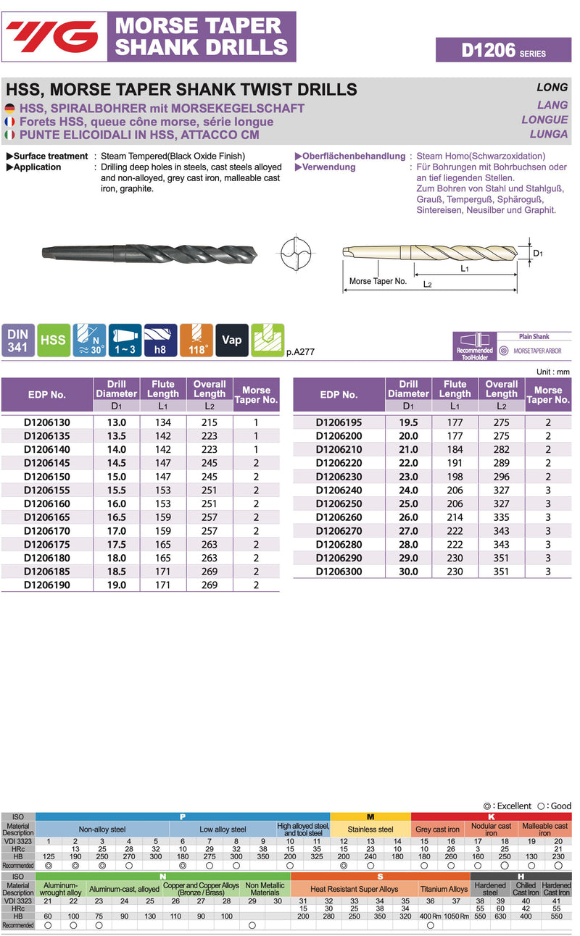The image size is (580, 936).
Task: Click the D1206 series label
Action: (503, 50)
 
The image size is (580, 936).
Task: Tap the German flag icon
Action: (10, 108)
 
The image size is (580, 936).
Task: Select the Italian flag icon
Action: (10, 135)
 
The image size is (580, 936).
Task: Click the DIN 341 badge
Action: (17, 340)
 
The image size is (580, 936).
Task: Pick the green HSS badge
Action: (54, 340)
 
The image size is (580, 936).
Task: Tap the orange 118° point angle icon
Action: (196, 340)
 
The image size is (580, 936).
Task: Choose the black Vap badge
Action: (232, 340)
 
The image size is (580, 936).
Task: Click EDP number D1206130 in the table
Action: (47, 422)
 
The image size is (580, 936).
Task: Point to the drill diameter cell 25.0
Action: (408, 503)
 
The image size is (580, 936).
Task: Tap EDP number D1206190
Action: (47, 585)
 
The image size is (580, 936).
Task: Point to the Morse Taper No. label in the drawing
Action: (378, 281)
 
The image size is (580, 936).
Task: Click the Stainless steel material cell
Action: (370, 829)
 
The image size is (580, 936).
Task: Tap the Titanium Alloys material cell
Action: (444, 889)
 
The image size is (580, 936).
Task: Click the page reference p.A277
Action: (300, 352)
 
